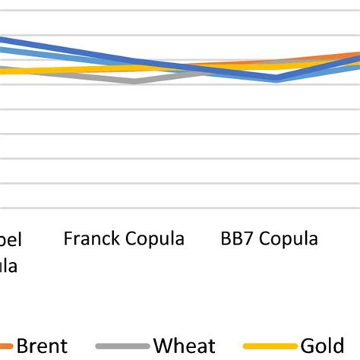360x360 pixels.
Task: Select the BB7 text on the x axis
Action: click(x=236, y=239)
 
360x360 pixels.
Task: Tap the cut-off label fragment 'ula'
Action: click(x=8, y=266)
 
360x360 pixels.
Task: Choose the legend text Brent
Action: click(x=43, y=346)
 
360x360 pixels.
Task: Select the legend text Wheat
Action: click(x=185, y=346)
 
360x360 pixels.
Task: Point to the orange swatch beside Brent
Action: click(x=5, y=346)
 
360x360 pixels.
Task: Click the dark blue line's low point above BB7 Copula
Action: click(x=276, y=77)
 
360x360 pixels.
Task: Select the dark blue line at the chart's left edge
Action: click(x=3, y=39)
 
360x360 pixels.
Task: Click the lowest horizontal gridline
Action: click(x=180, y=207)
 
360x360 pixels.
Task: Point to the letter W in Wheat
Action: click(x=163, y=346)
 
